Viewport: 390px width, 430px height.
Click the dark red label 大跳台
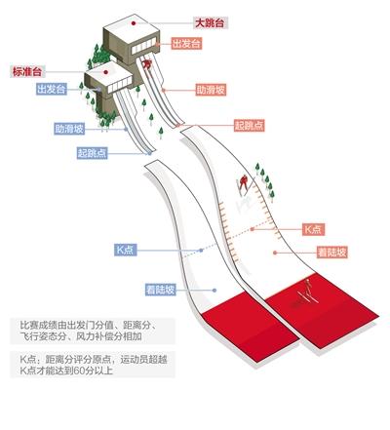click(x=211, y=23)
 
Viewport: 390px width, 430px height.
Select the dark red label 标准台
click(x=27, y=71)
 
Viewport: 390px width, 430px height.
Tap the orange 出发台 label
click(x=186, y=44)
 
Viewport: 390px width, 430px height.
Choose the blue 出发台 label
click(x=52, y=89)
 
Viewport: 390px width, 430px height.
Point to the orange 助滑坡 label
click(x=211, y=90)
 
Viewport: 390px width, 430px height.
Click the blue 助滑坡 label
click(x=69, y=129)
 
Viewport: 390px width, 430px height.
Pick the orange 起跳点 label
click(x=250, y=126)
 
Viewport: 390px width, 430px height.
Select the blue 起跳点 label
click(x=93, y=152)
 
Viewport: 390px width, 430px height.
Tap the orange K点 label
click(x=313, y=229)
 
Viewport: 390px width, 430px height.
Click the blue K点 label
click(x=125, y=250)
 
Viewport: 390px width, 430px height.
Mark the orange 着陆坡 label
click(x=332, y=253)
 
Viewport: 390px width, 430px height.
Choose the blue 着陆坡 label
click(x=161, y=290)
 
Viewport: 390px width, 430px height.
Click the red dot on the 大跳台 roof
click(x=134, y=23)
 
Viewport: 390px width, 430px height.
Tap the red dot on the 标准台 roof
click(x=105, y=72)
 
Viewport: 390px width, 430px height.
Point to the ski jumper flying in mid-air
click(x=244, y=185)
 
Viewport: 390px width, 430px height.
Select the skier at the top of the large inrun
click(x=147, y=63)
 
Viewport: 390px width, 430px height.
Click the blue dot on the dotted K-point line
click(x=201, y=251)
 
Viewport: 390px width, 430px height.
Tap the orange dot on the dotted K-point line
click(x=253, y=229)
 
